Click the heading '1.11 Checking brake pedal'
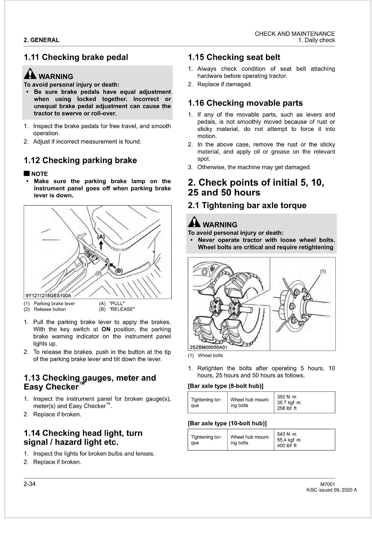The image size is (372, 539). tap(76, 57)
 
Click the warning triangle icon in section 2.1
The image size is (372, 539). tap(194, 222)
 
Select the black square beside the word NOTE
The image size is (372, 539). tap(26, 174)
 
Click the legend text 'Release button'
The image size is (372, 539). tap(50, 309)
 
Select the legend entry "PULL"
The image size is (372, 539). tap(117, 304)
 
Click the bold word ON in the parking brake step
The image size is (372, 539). tap(106, 329)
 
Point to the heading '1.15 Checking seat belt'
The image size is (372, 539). tap(234, 57)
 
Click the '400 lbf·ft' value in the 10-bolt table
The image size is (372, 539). tap(287, 446)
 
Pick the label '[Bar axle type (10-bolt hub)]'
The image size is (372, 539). tap(227, 423)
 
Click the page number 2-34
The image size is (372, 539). tap(30, 484)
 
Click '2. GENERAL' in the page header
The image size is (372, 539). tap(41, 40)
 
